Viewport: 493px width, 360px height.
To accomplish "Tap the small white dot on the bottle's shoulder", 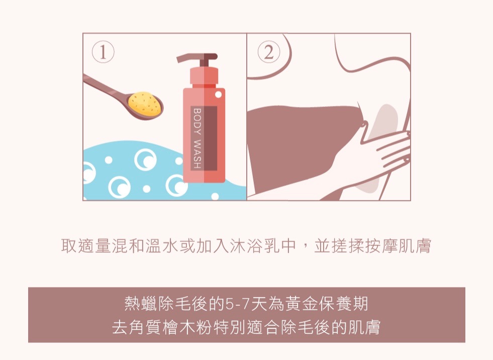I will [218, 94].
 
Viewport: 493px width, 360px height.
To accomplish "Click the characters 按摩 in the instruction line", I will [380, 247].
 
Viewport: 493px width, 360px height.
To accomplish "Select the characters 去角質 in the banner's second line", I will [136, 328].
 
